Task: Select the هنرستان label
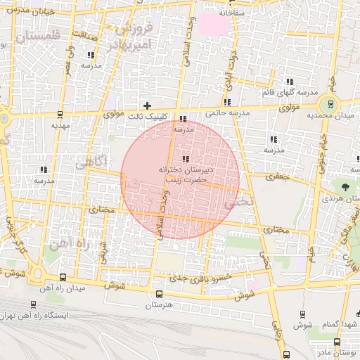(x=159, y=306)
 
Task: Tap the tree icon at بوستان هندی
(x=345, y=186)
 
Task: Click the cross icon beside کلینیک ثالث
(x=147, y=105)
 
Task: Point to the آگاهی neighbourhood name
(x=89, y=163)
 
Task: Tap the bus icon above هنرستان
(x=159, y=294)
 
